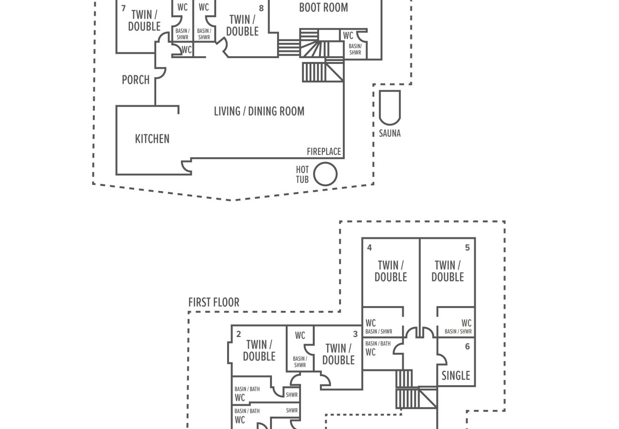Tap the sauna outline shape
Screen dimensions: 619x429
point(379,108)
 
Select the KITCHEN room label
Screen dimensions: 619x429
point(152,139)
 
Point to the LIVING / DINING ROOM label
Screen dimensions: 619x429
point(259,111)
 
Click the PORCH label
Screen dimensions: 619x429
point(136,80)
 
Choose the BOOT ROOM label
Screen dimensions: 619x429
point(324,8)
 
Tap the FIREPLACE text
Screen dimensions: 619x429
point(324,152)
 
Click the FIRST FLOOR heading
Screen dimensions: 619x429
point(214,302)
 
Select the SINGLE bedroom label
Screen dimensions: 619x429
point(456,376)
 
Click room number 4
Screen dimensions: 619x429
point(369,247)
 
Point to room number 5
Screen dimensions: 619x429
point(467,247)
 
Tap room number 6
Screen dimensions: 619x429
point(467,346)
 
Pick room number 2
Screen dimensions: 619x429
point(239,334)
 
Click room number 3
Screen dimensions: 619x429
point(355,334)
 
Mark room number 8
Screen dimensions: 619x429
point(261,8)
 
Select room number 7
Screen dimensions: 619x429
point(123,8)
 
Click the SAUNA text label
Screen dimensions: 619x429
point(389,133)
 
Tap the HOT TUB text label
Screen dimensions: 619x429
point(302,174)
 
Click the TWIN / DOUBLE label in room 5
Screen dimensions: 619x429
point(448,271)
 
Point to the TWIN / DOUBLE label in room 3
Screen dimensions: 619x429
point(338,354)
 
